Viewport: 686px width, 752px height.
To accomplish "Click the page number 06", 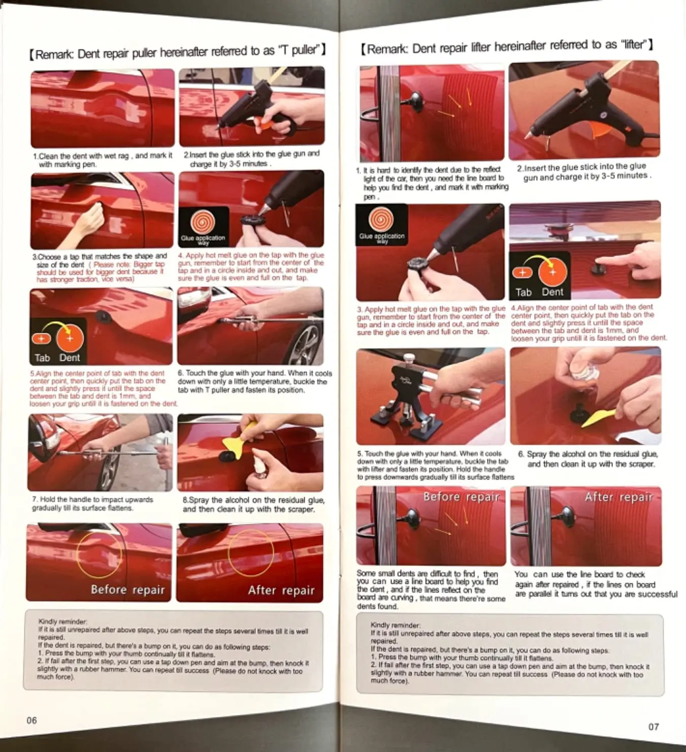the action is coord(32,720).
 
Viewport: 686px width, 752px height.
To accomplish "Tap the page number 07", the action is coord(654,727).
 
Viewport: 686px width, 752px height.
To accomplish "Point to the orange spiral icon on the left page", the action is coord(203,222).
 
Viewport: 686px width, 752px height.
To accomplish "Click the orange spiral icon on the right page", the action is coord(381,220).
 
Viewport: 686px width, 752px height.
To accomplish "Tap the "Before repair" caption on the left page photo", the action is coord(128,590).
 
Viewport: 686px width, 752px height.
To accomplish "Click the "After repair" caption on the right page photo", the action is coord(619,497).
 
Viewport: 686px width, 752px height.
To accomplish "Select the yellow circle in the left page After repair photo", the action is coord(251,552).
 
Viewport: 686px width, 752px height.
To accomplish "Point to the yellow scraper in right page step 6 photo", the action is coord(598,418).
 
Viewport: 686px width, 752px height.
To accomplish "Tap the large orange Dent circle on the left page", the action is coord(70,338).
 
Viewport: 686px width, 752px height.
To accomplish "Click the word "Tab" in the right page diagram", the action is coord(524,292).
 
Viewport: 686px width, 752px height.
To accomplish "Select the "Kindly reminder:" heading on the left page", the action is coord(62,621).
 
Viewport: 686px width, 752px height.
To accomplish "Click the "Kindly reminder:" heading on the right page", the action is coord(395,625).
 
